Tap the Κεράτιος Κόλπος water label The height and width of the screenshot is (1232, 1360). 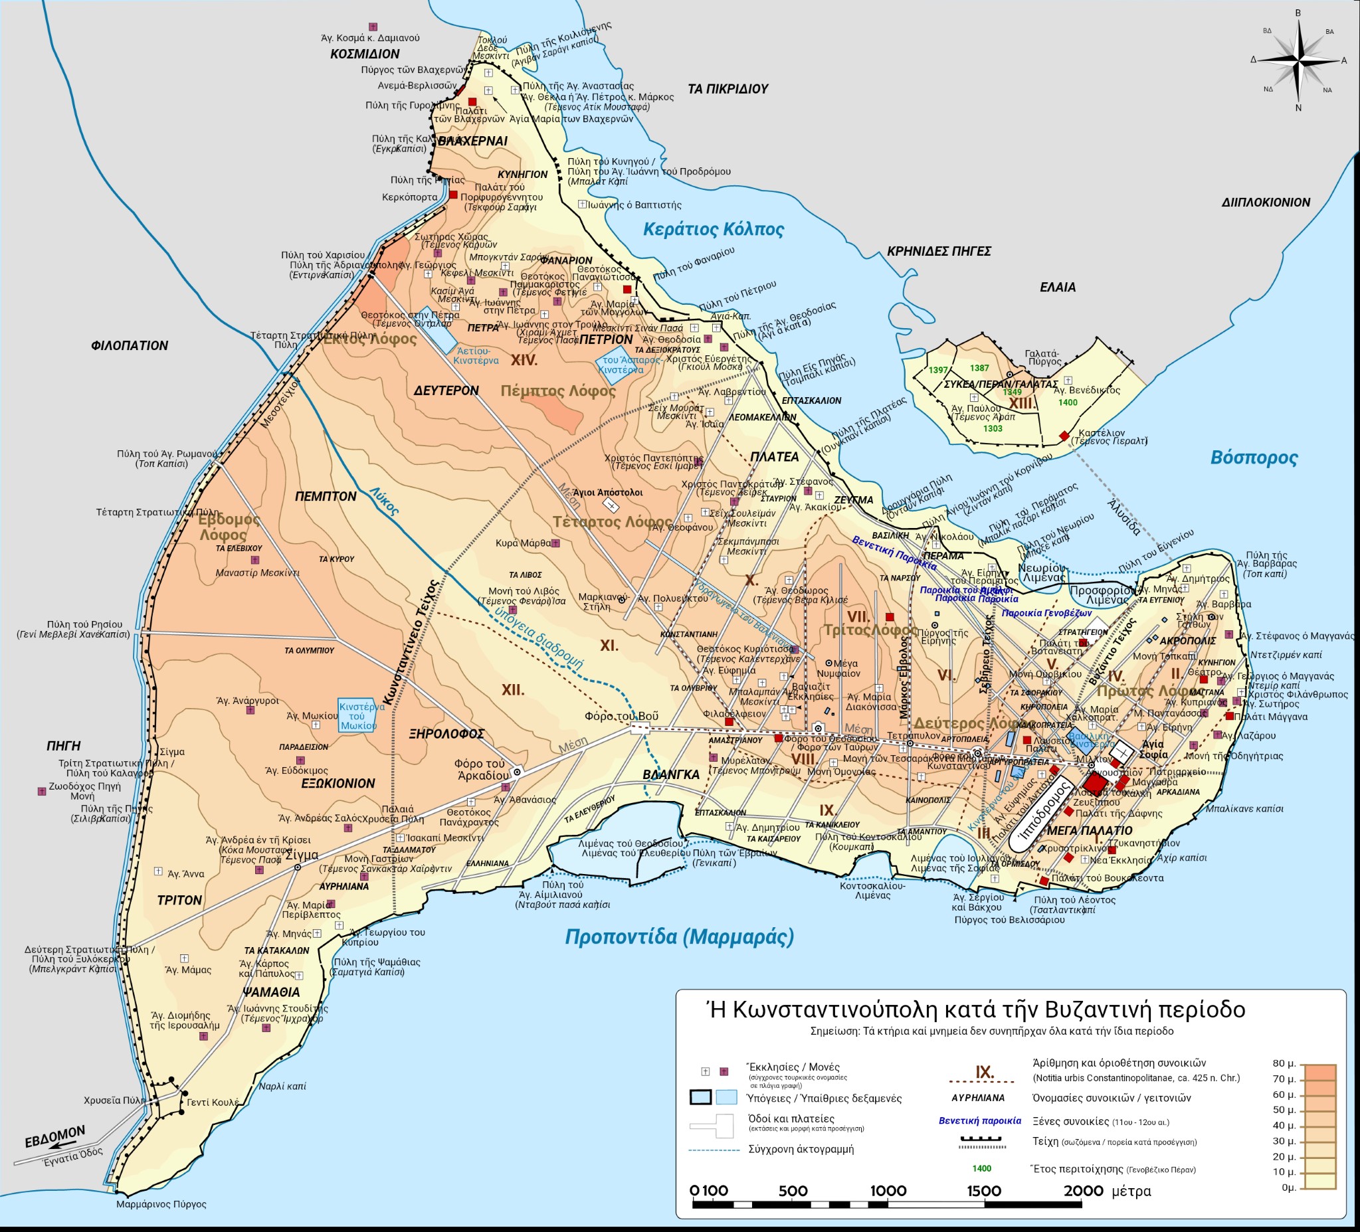click(x=713, y=229)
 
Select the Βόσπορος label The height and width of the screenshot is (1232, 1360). click(x=1254, y=457)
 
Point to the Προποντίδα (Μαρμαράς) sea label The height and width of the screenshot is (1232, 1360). click(x=678, y=936)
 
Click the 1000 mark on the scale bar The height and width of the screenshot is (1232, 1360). click(x=888, y=1191)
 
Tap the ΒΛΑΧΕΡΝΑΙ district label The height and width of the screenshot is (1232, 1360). click(x=472, y=141)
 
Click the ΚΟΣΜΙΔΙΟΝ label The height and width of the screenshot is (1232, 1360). click(x=365, y=54)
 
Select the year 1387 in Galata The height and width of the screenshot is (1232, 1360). click(x=979, y=367)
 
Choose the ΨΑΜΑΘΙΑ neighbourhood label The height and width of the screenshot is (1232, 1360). click(x=271, y=992)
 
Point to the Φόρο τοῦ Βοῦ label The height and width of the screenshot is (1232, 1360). click(x=621, y=716)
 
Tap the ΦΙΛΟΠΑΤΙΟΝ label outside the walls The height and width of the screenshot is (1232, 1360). click(x=130, y=345)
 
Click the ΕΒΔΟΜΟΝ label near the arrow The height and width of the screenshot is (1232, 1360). click(x=55, y=1136)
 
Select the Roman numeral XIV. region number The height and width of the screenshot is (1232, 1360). click(x=524, y=360)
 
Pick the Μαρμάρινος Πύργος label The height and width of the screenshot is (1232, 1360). click(x=161, y=1203)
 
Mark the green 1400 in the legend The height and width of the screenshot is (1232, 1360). click(x=981, y=1169)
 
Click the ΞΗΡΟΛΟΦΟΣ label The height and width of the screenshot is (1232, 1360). click(x=446, y=734)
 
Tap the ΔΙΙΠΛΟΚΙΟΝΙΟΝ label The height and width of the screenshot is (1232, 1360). click(x=1266, y=203)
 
